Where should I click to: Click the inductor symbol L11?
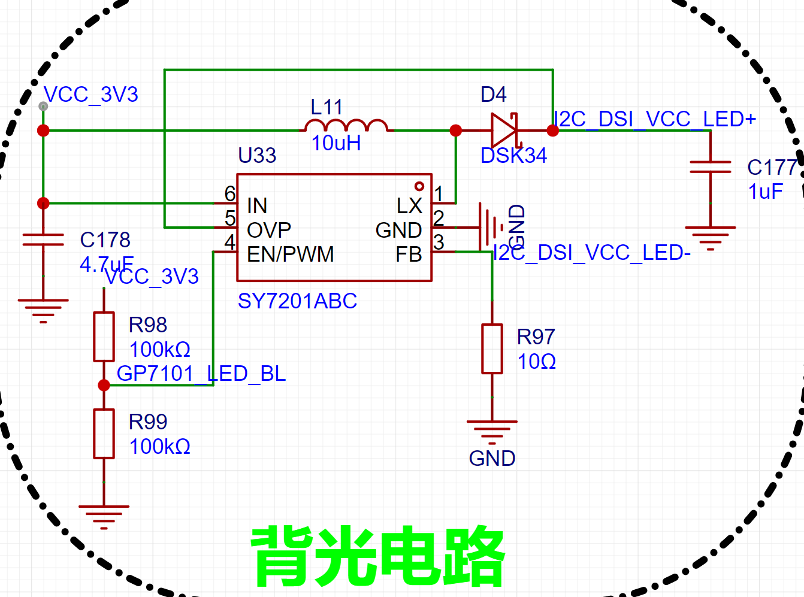pyautogui.click(x=346, y=125)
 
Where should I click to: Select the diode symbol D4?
pyautogui.click(x=504, y=131)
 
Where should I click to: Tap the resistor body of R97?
pyautogui.click(x=492, y=348)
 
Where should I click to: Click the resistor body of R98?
pyautogui.click(x=104, y=337)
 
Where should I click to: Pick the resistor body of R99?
pyautogui.click(x=104, y=434)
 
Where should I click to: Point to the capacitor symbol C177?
pyautogui.click(x=711, y=167)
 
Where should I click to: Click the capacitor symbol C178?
pyautogui.click(x=43, y=240)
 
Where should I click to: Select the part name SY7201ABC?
pyautogui.click(x=297, y=301)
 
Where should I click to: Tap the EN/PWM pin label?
pyautogui.click(x=290, y=254)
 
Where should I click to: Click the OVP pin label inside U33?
pyautogui.click(x=268, y=230)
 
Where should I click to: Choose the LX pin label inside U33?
pyautogui.click(x=409, y=205)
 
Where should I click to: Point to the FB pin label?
pyautogui.click(x=409, y=254)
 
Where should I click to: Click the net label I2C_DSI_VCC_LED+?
pyautogui.click(x=655, y=119)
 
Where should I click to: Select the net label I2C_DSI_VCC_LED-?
pyautogui.click(x=592, y=253)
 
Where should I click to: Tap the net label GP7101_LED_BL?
pyautogui.click(x=201, y=373)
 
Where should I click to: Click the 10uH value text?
pyautogui.click(x=336, y=143)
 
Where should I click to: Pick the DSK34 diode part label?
pyautogui.click(x=513, y=156)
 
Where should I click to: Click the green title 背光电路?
pyautogui.click(x=377, y=557)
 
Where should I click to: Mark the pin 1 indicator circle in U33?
pyautogui.click(x=419, y=186)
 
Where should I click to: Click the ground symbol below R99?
pyautogui.click(x=104, y=517)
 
